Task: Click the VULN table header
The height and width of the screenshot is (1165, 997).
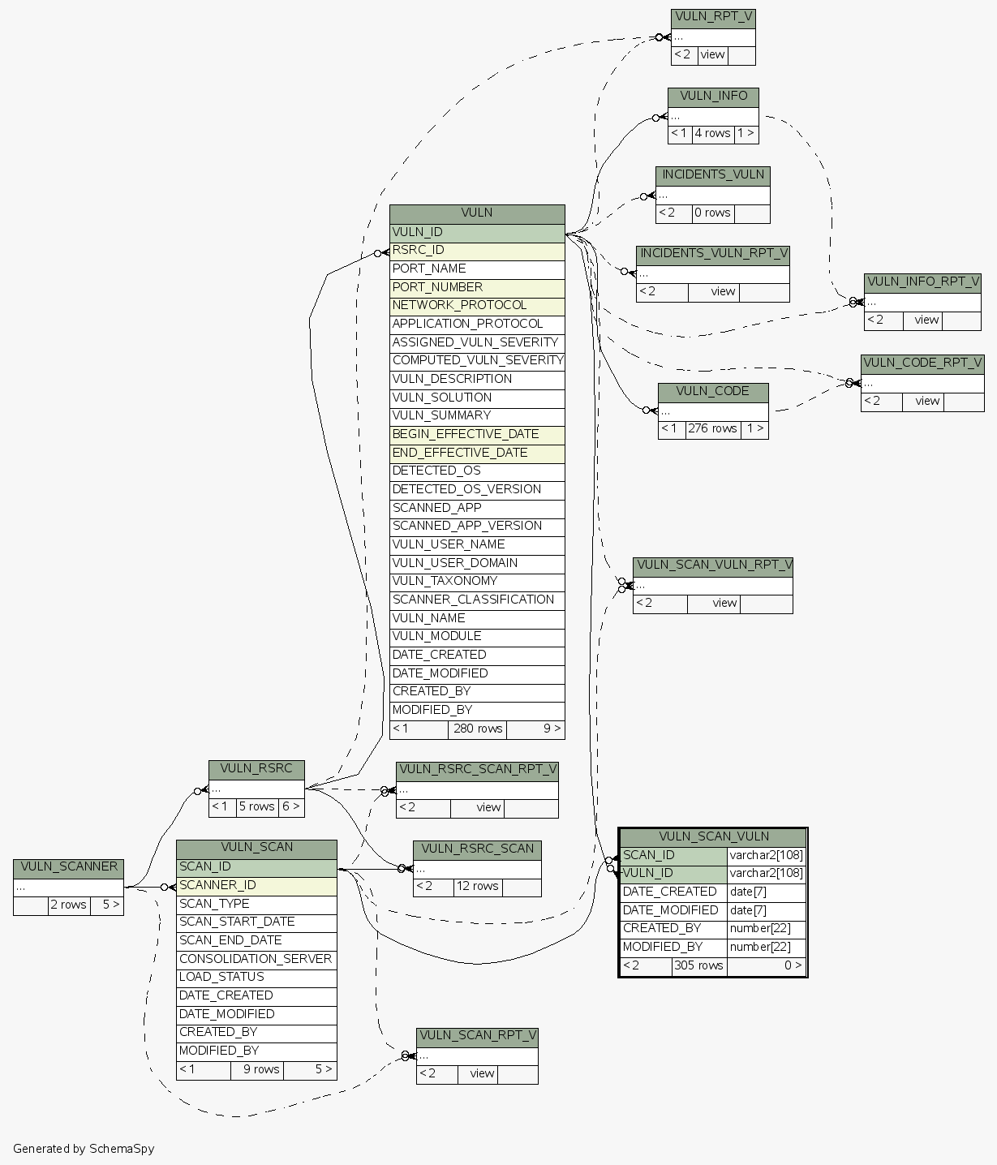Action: [477, 213]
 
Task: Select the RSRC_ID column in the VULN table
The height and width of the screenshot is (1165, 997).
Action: [477, 251]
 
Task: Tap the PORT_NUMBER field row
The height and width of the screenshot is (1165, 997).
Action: [477, 287]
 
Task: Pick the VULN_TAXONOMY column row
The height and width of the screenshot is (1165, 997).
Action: [477, 581]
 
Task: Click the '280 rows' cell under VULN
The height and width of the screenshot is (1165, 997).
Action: [478, 729]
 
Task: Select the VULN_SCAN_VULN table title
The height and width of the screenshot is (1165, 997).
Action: [713, 836]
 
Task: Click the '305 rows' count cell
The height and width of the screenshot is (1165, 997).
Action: [698, 965]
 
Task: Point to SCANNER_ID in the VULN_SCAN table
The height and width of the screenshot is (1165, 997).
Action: [256, 885]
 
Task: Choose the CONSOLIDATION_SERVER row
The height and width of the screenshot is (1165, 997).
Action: [256, 959]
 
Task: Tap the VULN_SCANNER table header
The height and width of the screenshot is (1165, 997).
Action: [69, 866]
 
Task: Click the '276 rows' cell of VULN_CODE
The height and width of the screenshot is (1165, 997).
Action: [712, 428]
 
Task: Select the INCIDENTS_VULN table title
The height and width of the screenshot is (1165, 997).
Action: [713, 174]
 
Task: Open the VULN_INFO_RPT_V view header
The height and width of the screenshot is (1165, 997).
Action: [922, 282]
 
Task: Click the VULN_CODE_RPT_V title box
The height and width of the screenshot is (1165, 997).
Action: [922, 363]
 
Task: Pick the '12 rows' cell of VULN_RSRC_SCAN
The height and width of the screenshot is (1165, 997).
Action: [478, 886]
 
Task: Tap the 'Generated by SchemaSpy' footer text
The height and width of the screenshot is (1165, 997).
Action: [84, 1148]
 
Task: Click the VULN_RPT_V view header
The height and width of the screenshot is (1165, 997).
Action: [713, 17]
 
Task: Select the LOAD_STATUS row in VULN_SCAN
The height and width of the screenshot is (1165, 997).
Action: [256, 977]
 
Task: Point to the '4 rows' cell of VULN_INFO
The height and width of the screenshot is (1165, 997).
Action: [712, 133]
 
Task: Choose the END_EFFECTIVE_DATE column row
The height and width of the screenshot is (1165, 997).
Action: [477, 453]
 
